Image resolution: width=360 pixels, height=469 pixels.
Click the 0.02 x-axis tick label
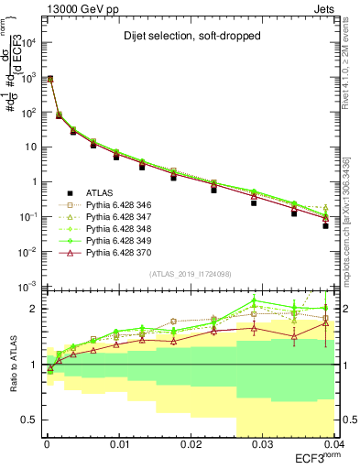191,444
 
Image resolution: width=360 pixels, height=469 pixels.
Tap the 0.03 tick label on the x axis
261,444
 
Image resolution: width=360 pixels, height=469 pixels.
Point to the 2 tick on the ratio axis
34,309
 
